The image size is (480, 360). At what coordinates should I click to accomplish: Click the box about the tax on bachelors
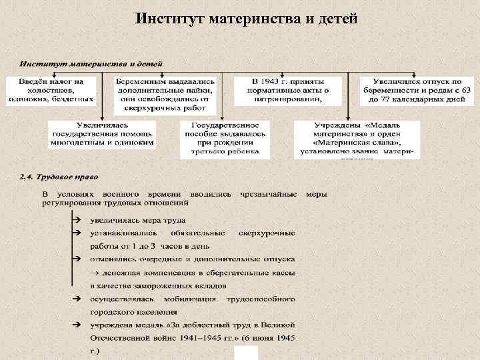coord(51,90)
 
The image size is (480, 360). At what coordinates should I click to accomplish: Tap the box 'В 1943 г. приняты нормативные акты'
coord(287,90)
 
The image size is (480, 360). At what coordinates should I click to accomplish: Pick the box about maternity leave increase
coord(416,90)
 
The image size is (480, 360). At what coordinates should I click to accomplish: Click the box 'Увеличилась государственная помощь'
coord(103,133)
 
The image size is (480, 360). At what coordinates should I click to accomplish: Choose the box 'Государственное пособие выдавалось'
coord(225,139)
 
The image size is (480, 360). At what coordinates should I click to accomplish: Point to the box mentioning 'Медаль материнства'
coord(358,138)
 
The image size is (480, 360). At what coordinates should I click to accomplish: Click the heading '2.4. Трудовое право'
coord(59,177)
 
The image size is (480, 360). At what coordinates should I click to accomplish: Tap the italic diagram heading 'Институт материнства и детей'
coord(91,64)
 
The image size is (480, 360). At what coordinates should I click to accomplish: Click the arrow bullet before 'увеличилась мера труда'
coord(76,219)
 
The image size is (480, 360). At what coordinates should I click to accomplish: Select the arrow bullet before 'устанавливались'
coord(76,233)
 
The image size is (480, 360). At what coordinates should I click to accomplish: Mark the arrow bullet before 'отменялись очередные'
coord(76,259)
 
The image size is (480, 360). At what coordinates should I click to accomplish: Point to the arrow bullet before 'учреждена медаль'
coord(76,324)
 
